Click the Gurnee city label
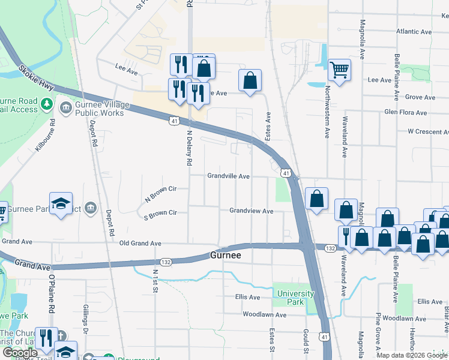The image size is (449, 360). click(226, 256)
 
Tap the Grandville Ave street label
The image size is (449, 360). click(228, 176)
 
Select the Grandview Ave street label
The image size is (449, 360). click(251, 211)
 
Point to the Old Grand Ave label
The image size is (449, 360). click(140, 244)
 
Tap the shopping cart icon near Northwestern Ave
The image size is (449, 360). click(339, 71)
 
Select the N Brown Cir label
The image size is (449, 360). click(160, 193)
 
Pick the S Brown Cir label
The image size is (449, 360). click(160, 213)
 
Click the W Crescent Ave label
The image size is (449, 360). click(427, 131)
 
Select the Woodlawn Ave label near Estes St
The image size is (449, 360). click(264, 314)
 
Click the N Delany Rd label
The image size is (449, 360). click(189, 148)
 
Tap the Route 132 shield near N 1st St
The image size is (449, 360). click(166, 262)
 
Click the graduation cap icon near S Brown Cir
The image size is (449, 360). click(61, 203)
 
